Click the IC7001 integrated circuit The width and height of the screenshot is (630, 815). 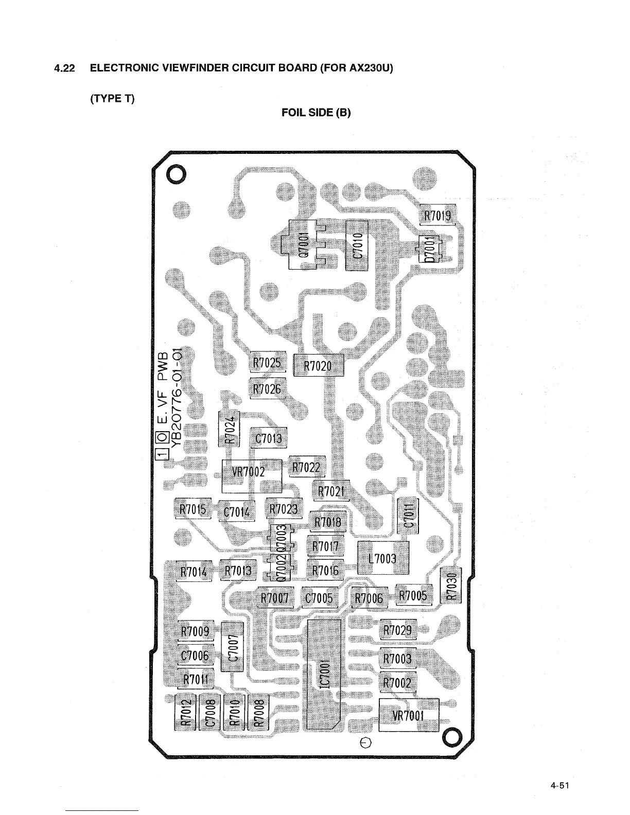point(324,674)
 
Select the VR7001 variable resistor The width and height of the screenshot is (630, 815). point(409,715)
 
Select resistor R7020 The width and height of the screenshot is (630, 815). point(318,366)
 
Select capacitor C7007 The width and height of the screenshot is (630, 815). point(232,646)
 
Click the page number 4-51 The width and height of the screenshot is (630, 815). point(561,786)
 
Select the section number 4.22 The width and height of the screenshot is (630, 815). point(65,68)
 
